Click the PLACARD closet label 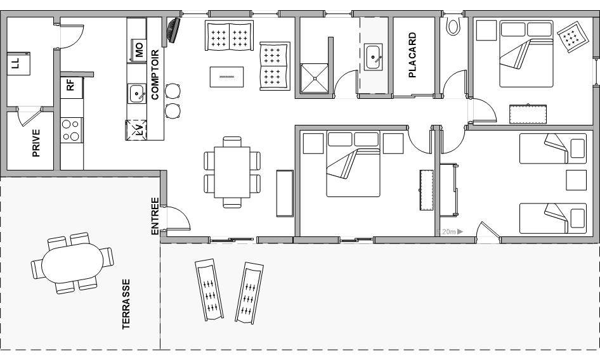(412, 55)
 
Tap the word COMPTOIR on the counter (155, 75)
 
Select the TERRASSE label (126, 304)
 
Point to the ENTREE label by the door (155, 215)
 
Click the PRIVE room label (36, 143)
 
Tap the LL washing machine (18, 63)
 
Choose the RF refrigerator (72, 87)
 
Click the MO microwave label (138, 50)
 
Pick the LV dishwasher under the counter (136, 130)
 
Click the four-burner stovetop (72, 130)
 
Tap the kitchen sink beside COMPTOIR (136, 94)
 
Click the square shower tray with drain (315, 78)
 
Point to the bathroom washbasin (373, 58)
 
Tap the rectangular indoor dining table (232, 172)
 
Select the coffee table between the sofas (226, 77)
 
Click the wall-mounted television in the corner (173, 30)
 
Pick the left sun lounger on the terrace (209, 290)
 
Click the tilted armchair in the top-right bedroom (573, 36)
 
